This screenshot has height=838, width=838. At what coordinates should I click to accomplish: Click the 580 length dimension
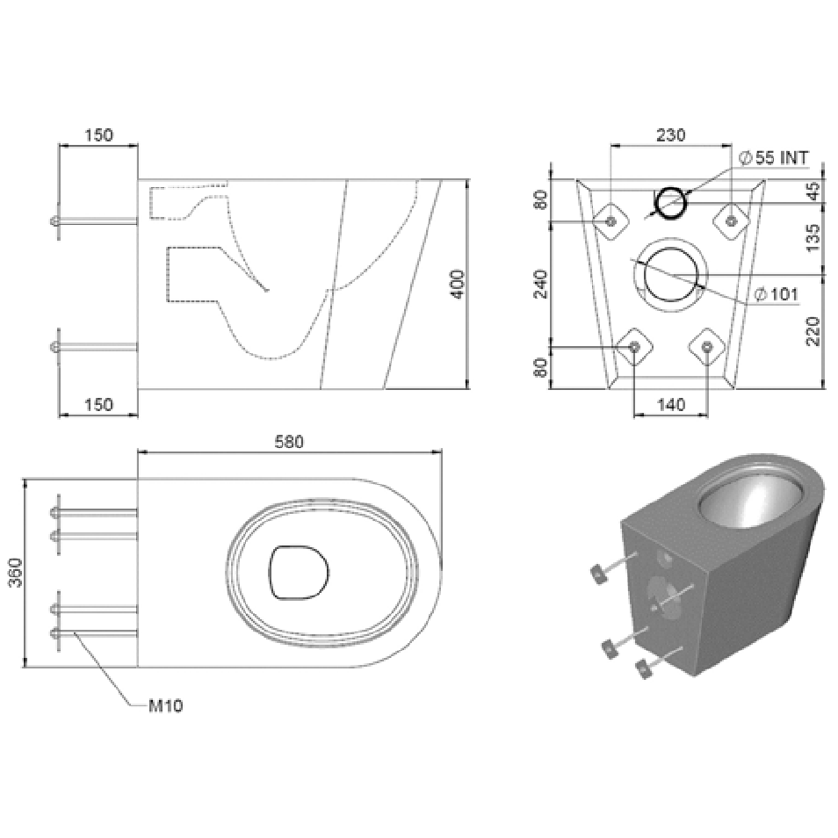pos(289,442)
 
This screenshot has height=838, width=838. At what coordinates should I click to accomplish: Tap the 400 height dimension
pos(458,285)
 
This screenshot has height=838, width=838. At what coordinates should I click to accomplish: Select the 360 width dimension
pos(17,573)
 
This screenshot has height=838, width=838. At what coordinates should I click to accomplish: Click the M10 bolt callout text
pos(165,706)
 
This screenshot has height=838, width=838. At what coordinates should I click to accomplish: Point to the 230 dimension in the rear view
pos(671,134)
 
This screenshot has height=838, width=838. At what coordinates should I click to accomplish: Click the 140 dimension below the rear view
pos(671,405)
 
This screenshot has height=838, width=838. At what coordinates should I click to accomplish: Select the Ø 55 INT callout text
pos(774,157)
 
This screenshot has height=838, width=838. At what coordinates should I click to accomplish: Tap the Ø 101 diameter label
pos(776,294)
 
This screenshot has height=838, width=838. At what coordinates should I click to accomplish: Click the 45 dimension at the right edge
pos(813,191)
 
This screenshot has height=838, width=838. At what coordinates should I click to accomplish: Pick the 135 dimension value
pos(813,238)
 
